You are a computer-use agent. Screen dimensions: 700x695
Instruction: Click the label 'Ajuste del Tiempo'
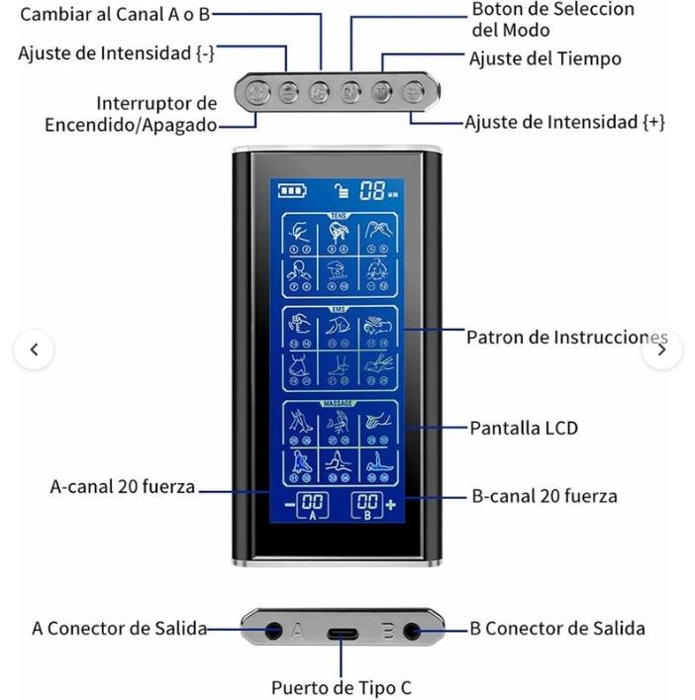tap(545, 58)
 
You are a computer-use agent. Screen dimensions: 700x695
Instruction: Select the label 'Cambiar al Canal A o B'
tap(115, 15)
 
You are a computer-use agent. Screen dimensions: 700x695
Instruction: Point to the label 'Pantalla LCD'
tap(523, 428)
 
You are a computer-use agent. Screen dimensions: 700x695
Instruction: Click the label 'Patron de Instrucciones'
tap(566, 338)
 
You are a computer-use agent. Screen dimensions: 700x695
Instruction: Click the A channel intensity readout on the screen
tap(313, 504)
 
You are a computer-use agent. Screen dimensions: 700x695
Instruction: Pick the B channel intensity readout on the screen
tap(368, 504)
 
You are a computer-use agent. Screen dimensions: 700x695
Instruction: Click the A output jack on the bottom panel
tap(272, 629)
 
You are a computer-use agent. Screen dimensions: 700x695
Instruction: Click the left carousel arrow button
tap(34, 350)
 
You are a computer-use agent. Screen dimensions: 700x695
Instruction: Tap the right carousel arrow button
tap(661, 350)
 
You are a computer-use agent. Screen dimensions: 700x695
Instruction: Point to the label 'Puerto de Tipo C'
tap(342, 686)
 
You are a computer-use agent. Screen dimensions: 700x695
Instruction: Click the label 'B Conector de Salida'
tap(556, 628)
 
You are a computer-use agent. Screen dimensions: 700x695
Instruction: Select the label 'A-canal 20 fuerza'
tap(123, 487)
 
